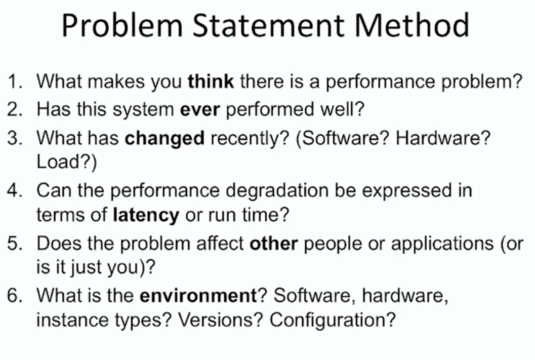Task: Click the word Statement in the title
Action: pos(268,25)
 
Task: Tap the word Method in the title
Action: pos(412,25)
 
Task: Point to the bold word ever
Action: pos(199,110)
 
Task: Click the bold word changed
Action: pos(165,138)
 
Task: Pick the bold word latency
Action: pos(146,216)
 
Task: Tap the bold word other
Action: pos(274,244)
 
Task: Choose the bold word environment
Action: pos(198,295)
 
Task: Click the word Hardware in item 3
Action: pos(439,138)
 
